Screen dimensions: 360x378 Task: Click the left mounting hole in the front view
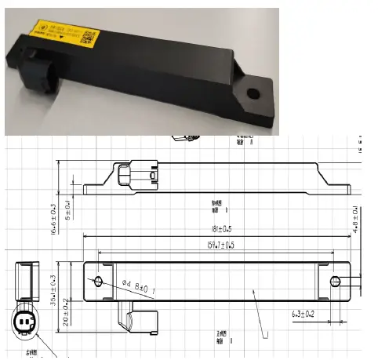click(x=98, y=280)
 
